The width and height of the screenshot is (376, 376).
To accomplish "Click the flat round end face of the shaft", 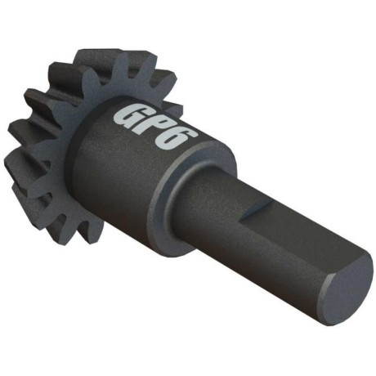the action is coord(347,287).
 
